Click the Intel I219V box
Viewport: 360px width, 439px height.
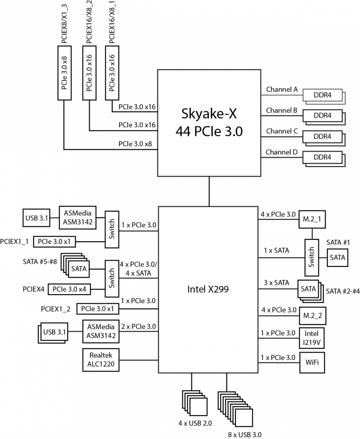[312, 338]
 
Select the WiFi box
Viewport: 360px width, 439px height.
[312, 362]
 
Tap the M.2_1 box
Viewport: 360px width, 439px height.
[312, 219]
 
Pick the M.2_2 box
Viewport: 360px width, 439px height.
[312, 316]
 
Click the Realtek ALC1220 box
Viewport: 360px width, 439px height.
[101, 360]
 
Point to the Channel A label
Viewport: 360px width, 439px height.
[282, 89]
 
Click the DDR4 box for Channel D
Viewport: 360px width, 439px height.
[323, 157]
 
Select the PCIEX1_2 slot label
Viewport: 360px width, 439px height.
[56, 309]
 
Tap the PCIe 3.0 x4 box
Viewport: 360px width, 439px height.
[70, 289]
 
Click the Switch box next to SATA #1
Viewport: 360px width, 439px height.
[312, 258]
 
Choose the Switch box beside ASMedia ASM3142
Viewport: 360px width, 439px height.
[112, 229]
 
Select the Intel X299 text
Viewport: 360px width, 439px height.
[208, 289]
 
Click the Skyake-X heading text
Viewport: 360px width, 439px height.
[209, 113]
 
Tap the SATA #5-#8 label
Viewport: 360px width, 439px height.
[40, 262]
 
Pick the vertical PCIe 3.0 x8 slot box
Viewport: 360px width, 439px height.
[65, 73]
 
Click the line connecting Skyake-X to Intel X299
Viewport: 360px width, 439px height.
[209, 191]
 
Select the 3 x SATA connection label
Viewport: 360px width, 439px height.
[276, 283]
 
